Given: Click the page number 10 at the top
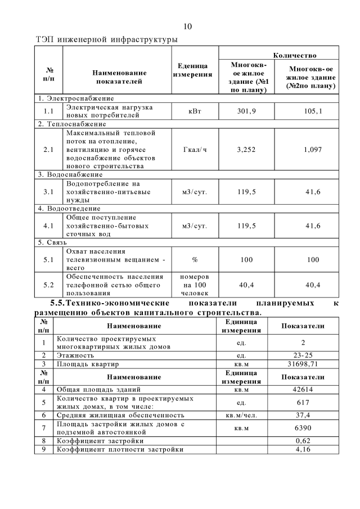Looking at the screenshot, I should click(x=188, y=26).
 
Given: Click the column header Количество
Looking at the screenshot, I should click(x=294, y=55).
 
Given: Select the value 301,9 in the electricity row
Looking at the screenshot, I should click(x=246, y=111).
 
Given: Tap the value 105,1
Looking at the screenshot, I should click(x=313, y=111).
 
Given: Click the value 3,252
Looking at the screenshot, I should click(x=246, y=151).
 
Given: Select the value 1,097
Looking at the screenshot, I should click(x=313, y=151).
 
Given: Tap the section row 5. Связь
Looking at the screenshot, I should click(x=53, y=242).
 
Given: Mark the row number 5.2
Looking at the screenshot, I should click(x=48, y=285).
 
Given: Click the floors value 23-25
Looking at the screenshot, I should click(x=303, y=355).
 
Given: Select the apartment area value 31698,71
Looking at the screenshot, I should click(x=303, y=364).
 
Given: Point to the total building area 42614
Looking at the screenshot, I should click(x=303, y=389).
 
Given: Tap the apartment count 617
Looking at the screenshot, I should click(x=303, y=402).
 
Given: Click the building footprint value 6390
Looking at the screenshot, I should click(x=303, y=428).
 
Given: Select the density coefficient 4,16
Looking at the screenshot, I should click(x=303, y=449).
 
